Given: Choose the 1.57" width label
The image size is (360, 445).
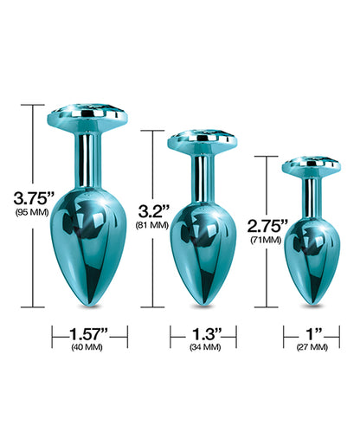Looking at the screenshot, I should click(89, 332).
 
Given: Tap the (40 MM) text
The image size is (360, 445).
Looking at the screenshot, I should click(89, 348).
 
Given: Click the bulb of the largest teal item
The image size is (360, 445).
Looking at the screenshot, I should click(89, 229).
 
